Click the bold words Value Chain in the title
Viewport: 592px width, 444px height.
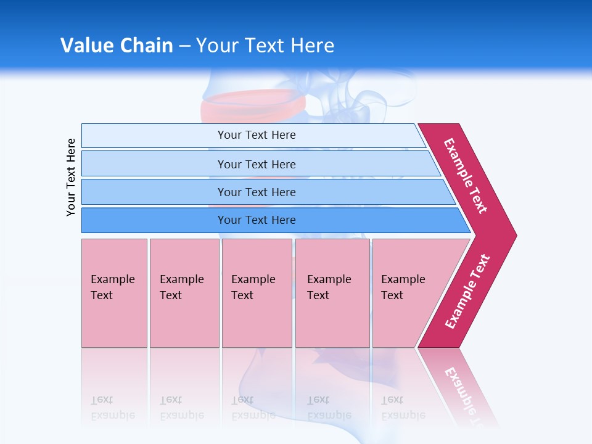(x=117, y=46)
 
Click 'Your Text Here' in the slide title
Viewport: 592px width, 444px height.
(x=265, y=46)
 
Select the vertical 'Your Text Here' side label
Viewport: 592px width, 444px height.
(x=71, y=177)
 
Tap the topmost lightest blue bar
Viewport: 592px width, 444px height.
(x=256, y=135)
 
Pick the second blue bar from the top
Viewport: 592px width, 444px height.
(x=256, y=164)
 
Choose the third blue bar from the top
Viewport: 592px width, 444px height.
(x=256, y=192)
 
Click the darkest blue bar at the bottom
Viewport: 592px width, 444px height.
(x=256, y=220)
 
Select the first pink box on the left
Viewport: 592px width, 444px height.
(x=114, y=292)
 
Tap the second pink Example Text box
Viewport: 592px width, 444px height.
(x=184, y=292)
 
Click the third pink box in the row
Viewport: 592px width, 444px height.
(x=257, y=292)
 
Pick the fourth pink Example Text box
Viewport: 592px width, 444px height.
(x=332, y=292)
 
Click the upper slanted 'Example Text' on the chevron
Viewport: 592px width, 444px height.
(x=466, y=176)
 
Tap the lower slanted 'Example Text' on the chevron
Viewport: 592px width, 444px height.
(x=467, y=292)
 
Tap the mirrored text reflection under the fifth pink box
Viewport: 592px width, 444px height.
(x=403, y=408)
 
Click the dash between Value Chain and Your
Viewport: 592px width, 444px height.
(x=184, y=46)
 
